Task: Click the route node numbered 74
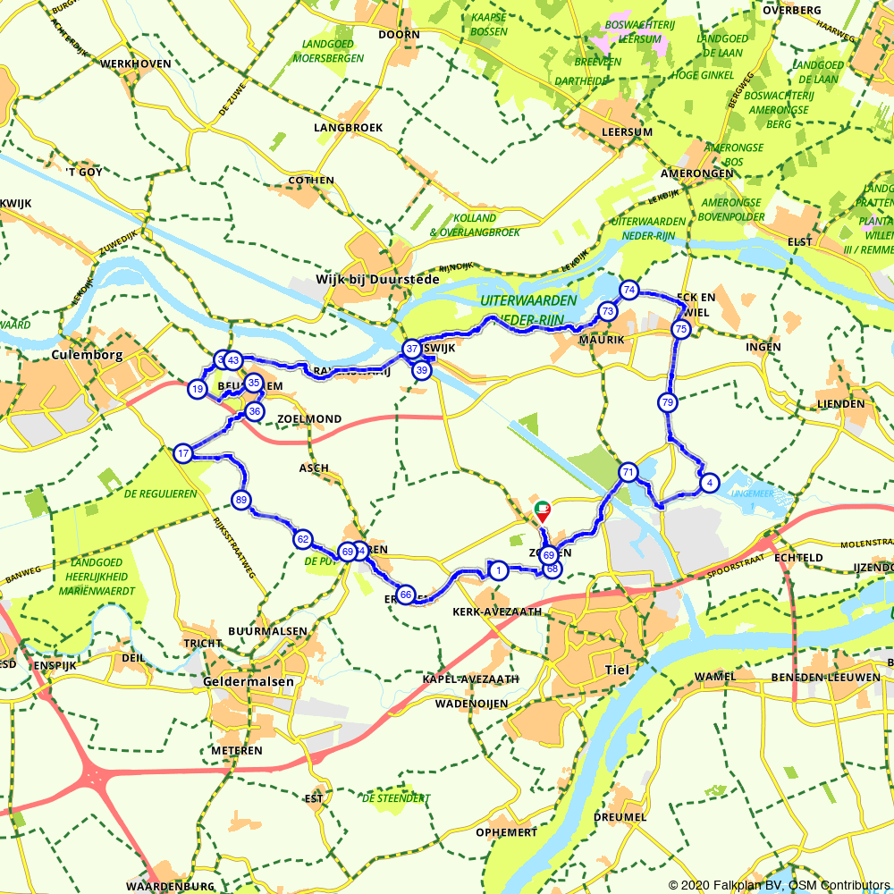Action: [x=629, y=290]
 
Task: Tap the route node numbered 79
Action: [x=667, y=403]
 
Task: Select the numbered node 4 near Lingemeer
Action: [x=709, y=483]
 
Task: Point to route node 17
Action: [x=183, y=453]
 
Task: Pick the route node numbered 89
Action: [x=240, y=500]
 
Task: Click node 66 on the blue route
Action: [x=406, y=595]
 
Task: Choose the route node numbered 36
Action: [x=255, y=412]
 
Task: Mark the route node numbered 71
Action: [x=628, y=472]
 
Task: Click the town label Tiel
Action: [x=617, y=670]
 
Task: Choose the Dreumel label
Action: [x=619, y=817]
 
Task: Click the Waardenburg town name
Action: [x=170, y=886]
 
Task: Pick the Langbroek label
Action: [x=348, y=128]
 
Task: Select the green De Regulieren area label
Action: [x=160, y=493]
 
